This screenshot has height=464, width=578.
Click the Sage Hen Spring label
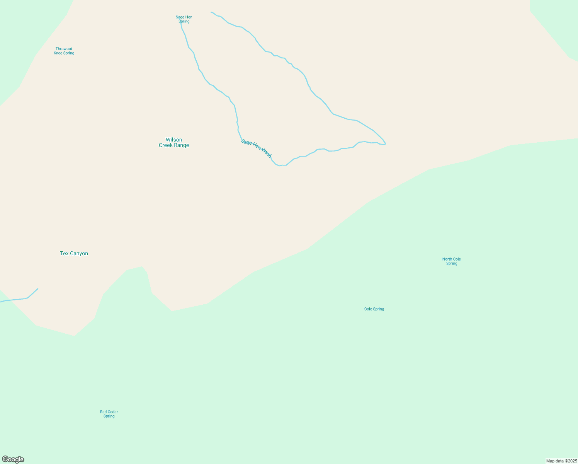pos(184,19)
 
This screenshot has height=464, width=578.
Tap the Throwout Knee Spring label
pos(64,51)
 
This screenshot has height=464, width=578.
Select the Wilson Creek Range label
pos(174,142)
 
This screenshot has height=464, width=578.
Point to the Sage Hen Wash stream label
pos(256,148)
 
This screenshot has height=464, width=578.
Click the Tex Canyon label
pos(74,254)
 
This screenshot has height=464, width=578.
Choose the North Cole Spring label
pos(451,261)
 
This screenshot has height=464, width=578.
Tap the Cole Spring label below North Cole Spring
pos(374,309)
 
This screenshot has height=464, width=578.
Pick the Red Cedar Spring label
pos(109,414)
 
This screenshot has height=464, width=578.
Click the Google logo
pos(13,459)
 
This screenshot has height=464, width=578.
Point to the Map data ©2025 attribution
pos(561,461)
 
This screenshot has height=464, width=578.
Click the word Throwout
pos(64,49)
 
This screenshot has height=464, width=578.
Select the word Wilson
pos(174,140)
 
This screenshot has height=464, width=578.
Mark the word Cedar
pos(113,412)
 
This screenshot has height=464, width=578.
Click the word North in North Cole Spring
pos(447,259)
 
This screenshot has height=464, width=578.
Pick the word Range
pos(181,145)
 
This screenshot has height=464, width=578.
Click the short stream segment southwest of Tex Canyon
pos(19,299)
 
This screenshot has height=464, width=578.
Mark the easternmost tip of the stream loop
pos(385,144)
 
